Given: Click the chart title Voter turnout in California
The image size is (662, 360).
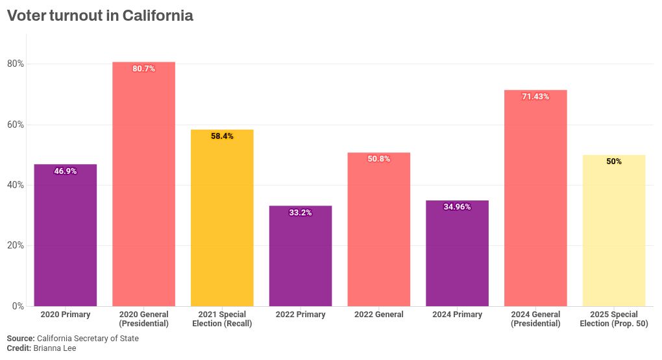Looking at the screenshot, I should [100, 16].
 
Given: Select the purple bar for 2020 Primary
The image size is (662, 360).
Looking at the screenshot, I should [65, 240].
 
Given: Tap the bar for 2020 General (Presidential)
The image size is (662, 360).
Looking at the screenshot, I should [143, 188].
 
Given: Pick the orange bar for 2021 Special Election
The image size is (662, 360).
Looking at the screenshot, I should [222, 221].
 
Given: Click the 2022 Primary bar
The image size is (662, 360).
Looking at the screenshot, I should [300, 259].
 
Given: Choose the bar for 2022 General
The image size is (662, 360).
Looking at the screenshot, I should [379, 234].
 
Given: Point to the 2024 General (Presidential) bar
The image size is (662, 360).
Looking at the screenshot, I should [535, 201].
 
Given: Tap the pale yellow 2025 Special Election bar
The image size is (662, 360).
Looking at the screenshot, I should [614, 234].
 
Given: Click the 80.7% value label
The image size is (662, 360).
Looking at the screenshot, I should [143, 69].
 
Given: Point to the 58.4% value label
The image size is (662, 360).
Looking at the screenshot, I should [222, 136].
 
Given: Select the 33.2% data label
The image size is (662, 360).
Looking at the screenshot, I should [300, 213].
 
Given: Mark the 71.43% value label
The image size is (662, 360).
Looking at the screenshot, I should [535, 97].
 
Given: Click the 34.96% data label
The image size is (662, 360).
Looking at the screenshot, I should [457, 207].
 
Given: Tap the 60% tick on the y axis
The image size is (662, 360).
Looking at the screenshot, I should [16, 125].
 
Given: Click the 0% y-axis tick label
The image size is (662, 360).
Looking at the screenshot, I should [18, 306].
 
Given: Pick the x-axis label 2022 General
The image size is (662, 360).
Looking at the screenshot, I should [379, 315].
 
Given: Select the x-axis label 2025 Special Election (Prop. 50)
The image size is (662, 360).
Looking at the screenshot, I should [614, 319].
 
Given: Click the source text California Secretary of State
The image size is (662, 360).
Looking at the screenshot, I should [88, 339].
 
